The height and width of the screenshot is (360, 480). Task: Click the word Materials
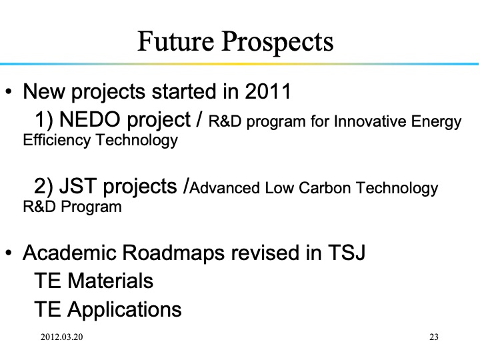click(x=111, y=281)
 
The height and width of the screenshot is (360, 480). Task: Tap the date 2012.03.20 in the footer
click(x=61, y=337)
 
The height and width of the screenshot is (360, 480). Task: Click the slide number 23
click(x=434, y=337)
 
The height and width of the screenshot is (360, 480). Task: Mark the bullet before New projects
click(x=9, y=91)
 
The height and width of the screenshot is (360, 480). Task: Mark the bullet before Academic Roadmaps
click(x=9, y=254)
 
